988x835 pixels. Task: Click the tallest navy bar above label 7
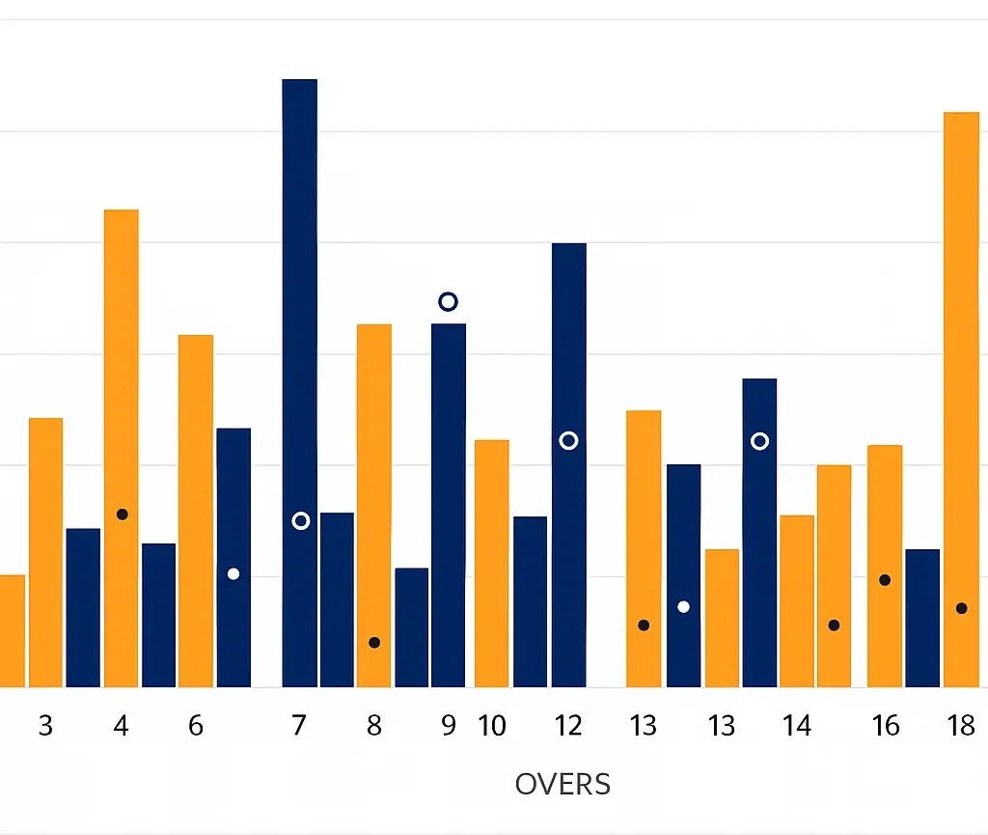pyautogui.click(x=299, y=290)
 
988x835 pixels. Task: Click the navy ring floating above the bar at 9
pyautogui.click(x=448, y=302)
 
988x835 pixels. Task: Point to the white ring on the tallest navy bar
pyautogui.click(x=300, y=521)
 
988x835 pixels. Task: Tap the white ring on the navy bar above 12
pyautogui.click(x=568, y=441)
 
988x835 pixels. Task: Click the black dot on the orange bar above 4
pyautogui.click(x=122, y=515)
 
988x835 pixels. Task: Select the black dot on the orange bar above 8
pyautogui.click(x=374, y=643)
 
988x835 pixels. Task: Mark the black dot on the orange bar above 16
pyautogui.click(x=885, y=580)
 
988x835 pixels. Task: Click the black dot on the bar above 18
pyautogui.click(x=961, y=608)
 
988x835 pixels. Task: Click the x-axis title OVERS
pyautogui.click(x=563, y=784)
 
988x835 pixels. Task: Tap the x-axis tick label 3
pyautogui.click(x=45, y=726)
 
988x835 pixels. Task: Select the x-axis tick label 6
pyautogui.click(x=196, y=726)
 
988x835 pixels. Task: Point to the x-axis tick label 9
pyautogui.click(x=448, y=726)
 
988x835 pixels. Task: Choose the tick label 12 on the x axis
pyautogui.click(x=568, y=726)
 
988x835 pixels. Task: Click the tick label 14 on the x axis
pyautogui.click(x=797, y=726)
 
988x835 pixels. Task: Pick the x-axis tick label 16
pyautogui.click(x=885, y=726)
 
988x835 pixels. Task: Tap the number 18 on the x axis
pyautogui.click(x=961, y=726)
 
